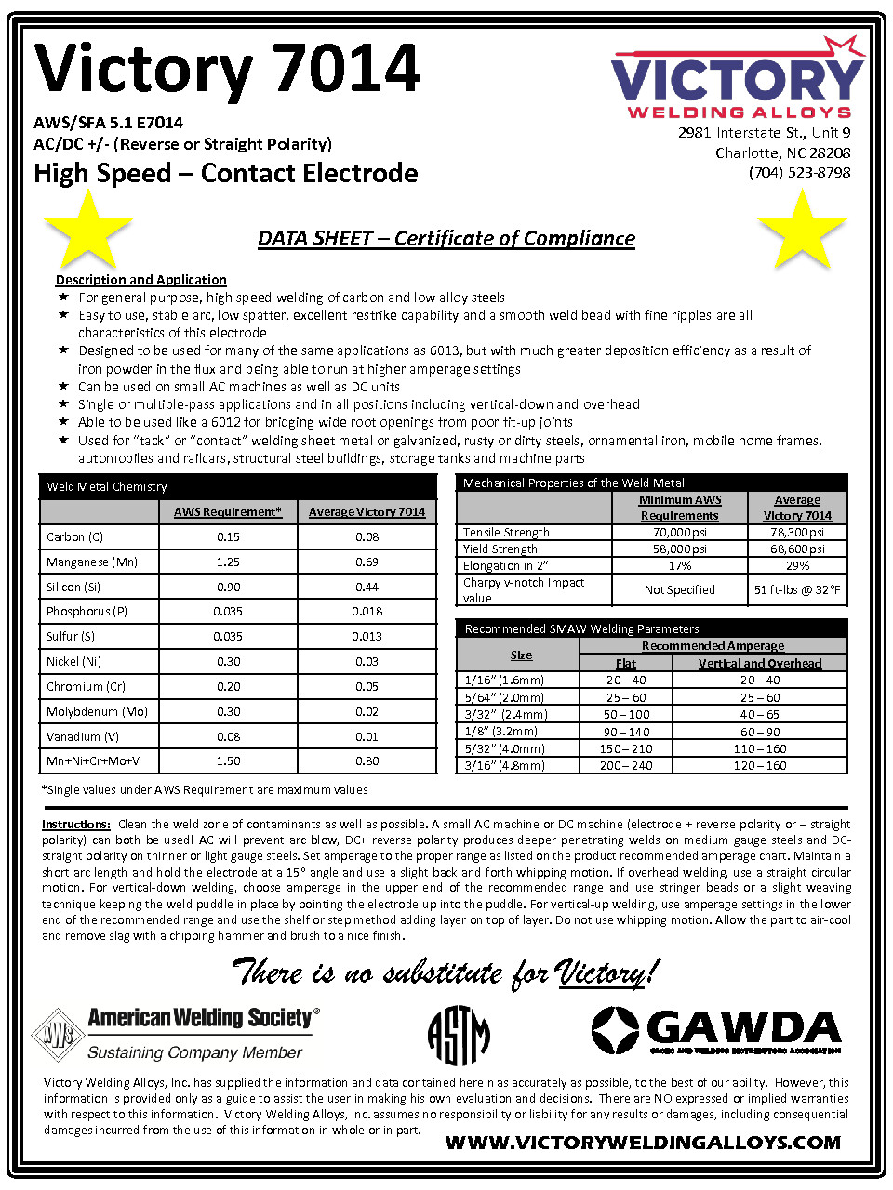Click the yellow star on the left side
tap(87, 230)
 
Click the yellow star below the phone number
tap(801, 230)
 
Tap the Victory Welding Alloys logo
tap(737, 80)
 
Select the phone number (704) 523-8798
tap(799, 173)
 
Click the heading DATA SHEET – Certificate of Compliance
tap(446, 239)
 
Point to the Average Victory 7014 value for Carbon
tap(367, 536)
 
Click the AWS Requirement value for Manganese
tap(228, 562)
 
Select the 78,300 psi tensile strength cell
tap(797, 533)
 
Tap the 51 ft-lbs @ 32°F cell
tap(797, 589)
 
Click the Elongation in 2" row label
tap(506, 565)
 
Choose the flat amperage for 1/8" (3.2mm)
tap(626, 732)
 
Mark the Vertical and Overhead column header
tap(760, 663)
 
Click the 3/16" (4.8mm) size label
tap(505, 766)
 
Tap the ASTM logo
tap(459, 1035)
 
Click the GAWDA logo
tap(716, 1030)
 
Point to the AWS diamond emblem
tap(58, 1034)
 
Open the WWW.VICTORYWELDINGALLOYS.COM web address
tap(643, 1143)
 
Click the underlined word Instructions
tap(75, 825)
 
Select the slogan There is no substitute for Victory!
tap(446, 972)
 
